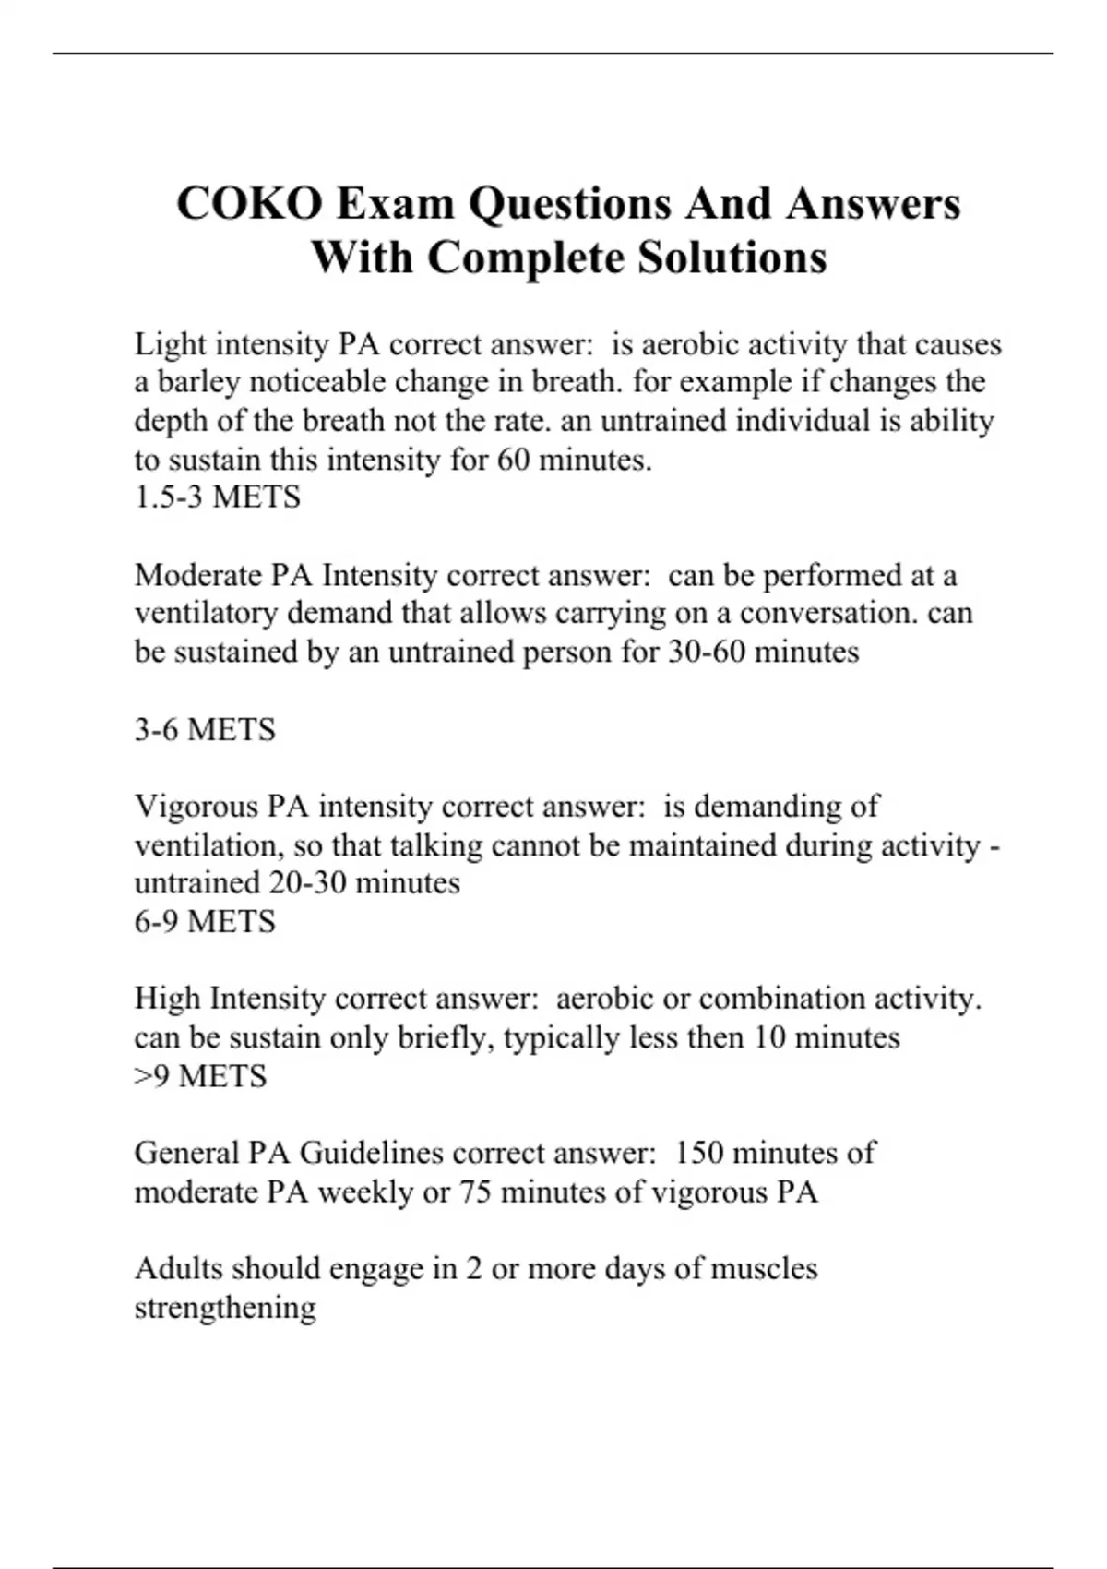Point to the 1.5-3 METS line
(217, 497)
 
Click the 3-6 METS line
(205, 730)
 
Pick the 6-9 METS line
(205, 921)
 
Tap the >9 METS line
(200, 1076)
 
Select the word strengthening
(225, 1308)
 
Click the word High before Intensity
(167, 999)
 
